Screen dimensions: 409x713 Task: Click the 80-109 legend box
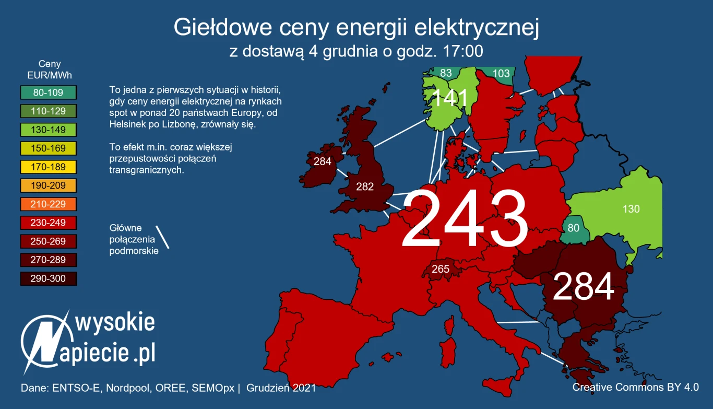pyautogui.click(x=49, y=93)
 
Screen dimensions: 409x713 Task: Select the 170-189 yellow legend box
pyautogui.click(x=49, y=167)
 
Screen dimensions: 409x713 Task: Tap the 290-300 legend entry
pyautogui.click(x=49, y=278)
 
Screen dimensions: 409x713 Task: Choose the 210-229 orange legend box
pyautogui.click(x=49, y=204)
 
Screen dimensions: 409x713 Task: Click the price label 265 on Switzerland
pyautogui.click(x=440, y=270)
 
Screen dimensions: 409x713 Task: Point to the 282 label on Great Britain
pyautogui.click(x=365, y=186)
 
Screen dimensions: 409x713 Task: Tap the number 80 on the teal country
pyautogui.click(x=573, y=228)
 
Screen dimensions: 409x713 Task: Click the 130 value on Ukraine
pyautogui.click(x=631, y=209)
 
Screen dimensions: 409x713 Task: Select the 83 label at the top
pyautogui.click(x=446, y=73)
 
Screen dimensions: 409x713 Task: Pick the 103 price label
pyautogui.click(x=501, y=74)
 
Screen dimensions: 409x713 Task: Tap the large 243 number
pyautogui.click(x=465, y=219)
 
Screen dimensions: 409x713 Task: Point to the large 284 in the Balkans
pyautogui.click(x=583, y=287)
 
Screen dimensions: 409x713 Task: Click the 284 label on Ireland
pyautogui.click(x=322, y=161)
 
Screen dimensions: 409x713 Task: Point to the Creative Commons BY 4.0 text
pyautogui.click(x=635, y=387)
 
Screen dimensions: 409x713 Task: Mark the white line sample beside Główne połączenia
pyautogui.click(x=163, y=237)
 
